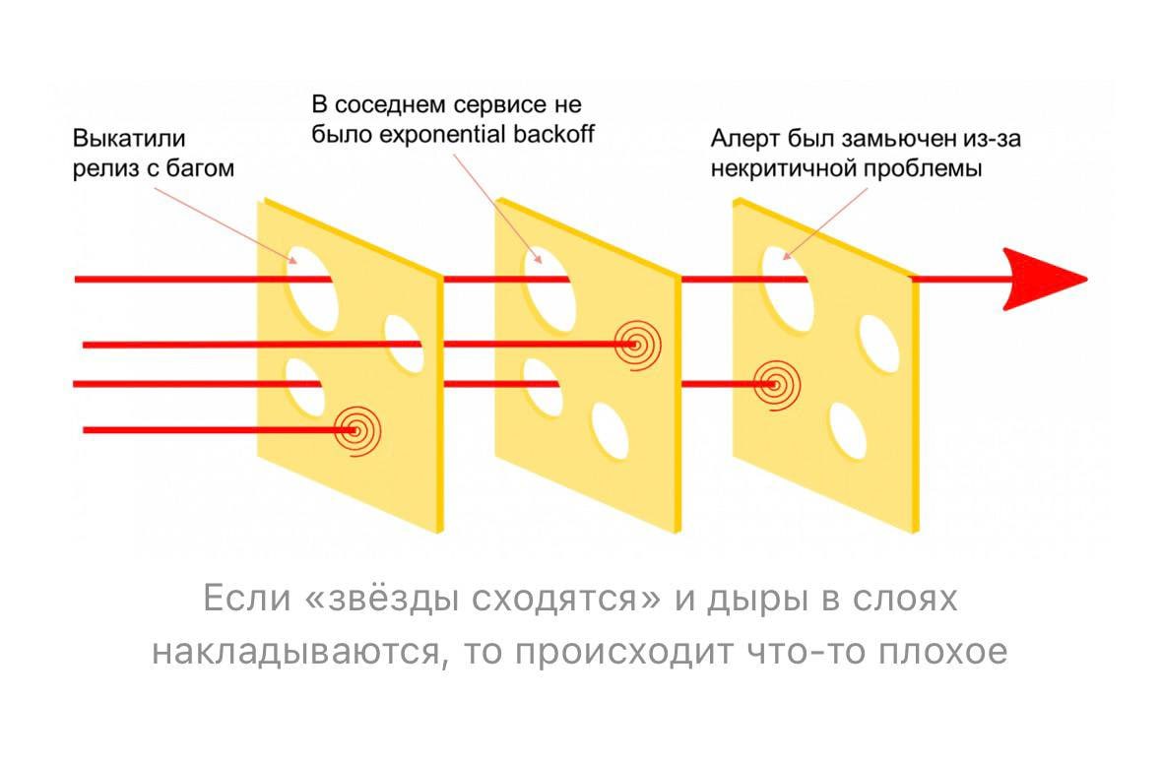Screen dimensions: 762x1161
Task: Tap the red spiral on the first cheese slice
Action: (356, 430)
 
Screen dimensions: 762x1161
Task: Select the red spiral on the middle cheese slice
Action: (637, 345)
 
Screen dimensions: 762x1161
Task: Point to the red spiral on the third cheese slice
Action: (776, 383)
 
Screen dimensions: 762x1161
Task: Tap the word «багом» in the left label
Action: (204, 168)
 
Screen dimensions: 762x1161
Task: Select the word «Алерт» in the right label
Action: (743, 138)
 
